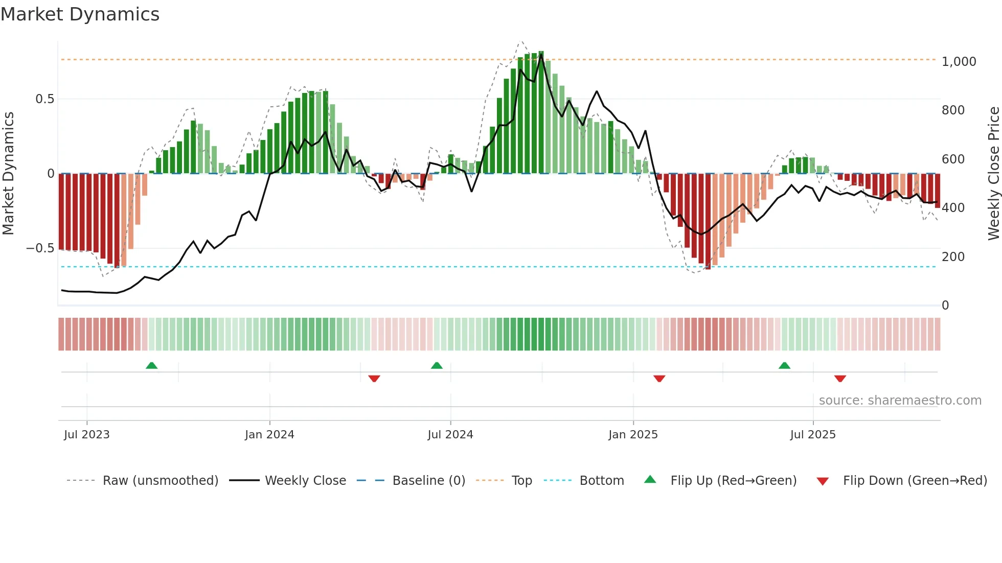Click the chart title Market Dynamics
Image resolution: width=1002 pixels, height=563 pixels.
tap(80, 14)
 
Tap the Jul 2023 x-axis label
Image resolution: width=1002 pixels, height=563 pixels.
tap(87, 435)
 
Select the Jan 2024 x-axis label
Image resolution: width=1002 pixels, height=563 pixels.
tap(269, 435)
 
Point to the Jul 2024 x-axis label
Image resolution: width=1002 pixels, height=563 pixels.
tap(450, 435)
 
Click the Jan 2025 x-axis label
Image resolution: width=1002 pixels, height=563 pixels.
tap(633, 435)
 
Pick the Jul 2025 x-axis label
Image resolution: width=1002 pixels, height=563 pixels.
tap(813, 435)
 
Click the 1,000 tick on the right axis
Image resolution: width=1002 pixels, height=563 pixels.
tap(959, 62)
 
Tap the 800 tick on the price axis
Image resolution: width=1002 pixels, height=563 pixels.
tap(953, 110)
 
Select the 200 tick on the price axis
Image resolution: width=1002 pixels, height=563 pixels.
tap(953, 256)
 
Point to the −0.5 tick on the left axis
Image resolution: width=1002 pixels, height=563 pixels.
tap(40, 248)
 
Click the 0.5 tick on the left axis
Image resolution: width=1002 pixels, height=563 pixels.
tap(44, 99)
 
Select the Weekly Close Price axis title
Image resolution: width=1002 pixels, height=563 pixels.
tap(993, 173)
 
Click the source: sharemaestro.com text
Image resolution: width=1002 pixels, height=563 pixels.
tap(900, 401)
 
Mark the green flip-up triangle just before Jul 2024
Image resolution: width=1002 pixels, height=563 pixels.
tap(437, 366)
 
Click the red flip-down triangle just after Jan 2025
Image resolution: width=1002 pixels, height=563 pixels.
tap(659, 379)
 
